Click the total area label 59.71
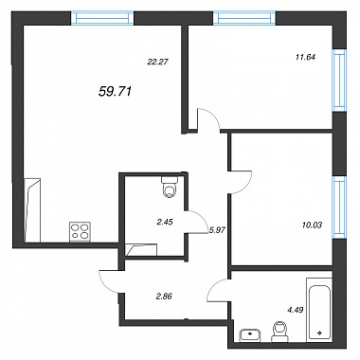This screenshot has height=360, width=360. coord(115,91)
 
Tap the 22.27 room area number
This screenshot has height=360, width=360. coord(157,62)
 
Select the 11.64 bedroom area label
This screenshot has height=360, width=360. coord(304,57)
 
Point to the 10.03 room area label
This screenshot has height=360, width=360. coord(312,225)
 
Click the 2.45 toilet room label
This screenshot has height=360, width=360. coord(165,222)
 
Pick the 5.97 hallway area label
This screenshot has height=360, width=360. coord(216,230)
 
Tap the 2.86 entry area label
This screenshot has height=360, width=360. coord(164,297)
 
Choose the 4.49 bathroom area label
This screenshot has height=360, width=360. coord(296,310)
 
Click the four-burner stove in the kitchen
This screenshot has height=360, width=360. coord(81,232)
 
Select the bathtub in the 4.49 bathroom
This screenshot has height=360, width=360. coord(319,311)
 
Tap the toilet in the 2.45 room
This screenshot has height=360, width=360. coord(170,187)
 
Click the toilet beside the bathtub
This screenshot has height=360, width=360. coord(279,332)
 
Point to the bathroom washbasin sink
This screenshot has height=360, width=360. coord(250,335)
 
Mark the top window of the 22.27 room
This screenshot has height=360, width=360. coord(102,18)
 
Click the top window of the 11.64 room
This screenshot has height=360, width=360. coord(244,18)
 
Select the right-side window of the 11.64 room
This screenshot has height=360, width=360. coord(340,81)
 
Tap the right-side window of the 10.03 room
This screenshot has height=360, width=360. coord(340,207)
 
